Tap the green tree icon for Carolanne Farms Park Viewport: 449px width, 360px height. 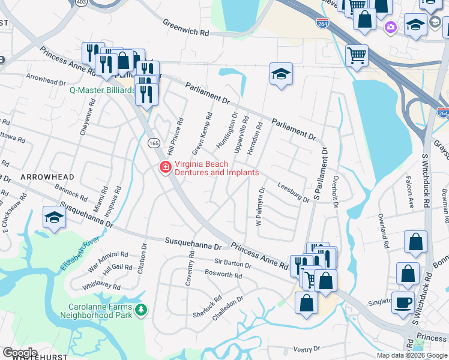(142, 310)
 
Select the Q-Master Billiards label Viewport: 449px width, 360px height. (102, 90)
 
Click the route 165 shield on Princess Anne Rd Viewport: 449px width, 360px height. (154, 143)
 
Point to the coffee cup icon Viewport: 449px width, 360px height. (403, 302)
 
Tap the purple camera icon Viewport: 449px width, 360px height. (391, 26)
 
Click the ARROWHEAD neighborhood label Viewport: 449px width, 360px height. (47, 178)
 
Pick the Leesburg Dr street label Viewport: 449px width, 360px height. (294, 191)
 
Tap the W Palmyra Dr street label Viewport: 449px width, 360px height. (260, 206)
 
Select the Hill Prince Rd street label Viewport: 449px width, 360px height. (175, 137)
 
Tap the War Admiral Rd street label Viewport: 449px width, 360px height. (109, 258)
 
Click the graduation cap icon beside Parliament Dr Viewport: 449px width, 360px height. (280, 74)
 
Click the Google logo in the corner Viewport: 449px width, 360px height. (19, 353)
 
